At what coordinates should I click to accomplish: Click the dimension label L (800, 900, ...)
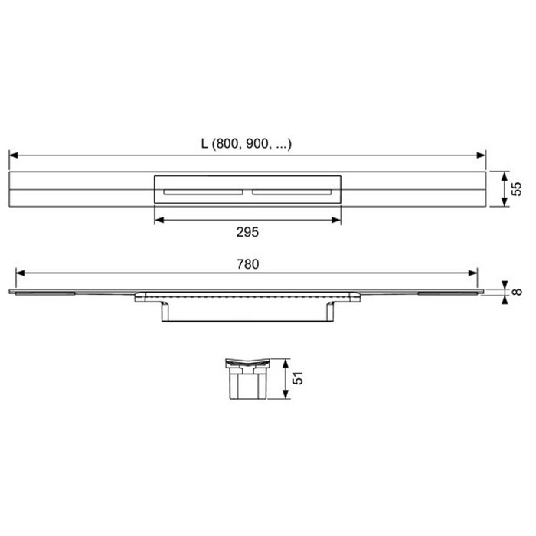pos(247,143)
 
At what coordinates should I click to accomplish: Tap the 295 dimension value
pos(247,231)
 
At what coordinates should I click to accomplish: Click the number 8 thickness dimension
pos(518,290)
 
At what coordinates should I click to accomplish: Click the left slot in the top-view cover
pos(202,191)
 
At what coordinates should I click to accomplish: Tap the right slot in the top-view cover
pos(293,191)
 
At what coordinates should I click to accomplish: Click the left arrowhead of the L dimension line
pos(13,155)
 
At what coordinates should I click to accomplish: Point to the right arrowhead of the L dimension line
pos(482,155)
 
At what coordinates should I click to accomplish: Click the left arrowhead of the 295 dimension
pos(158,220)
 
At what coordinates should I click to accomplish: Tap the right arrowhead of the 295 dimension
pos(337,220)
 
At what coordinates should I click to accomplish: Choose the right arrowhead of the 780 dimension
pos(475,273)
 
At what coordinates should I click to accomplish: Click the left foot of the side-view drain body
pos(165,311)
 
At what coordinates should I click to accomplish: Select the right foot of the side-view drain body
pos(332,311)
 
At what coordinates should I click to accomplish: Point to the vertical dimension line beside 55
pos(504,188)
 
